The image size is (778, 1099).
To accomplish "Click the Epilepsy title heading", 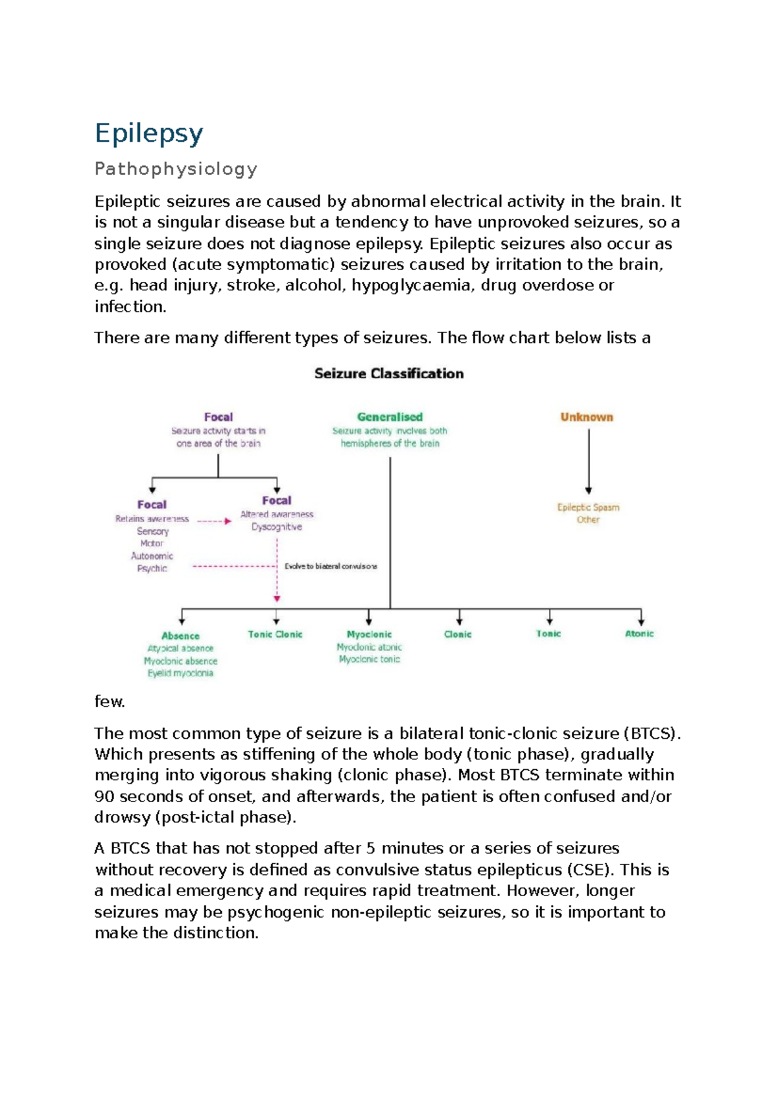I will coord(149,133).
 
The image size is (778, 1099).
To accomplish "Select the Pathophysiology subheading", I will coord(176,169).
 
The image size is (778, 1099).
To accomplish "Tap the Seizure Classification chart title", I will coord(389,373).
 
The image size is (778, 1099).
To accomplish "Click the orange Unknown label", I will coord(587,417).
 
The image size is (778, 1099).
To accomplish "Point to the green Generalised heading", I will coord(390,417).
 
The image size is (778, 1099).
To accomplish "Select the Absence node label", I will coord(180,636).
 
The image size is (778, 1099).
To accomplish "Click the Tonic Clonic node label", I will coord(275,634).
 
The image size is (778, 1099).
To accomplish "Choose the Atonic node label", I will coord(639,634).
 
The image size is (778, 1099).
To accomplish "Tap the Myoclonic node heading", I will coord(369,634).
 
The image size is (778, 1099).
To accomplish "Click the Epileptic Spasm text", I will coord(588,507).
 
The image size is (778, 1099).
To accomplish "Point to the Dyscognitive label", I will coord(277,527).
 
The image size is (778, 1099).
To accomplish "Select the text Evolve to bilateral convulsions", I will coord(331,566).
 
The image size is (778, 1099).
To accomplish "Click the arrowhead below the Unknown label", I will coord(589,491).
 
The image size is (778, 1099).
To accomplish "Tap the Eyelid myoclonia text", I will coord(180,673).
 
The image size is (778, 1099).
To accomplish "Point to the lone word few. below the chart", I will coord(110,702).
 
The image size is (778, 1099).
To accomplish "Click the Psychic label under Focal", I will coord(152,568).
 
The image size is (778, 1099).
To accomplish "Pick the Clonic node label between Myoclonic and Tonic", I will coord(458,634).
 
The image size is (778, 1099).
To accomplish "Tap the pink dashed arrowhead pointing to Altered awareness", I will coord(228,521).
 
